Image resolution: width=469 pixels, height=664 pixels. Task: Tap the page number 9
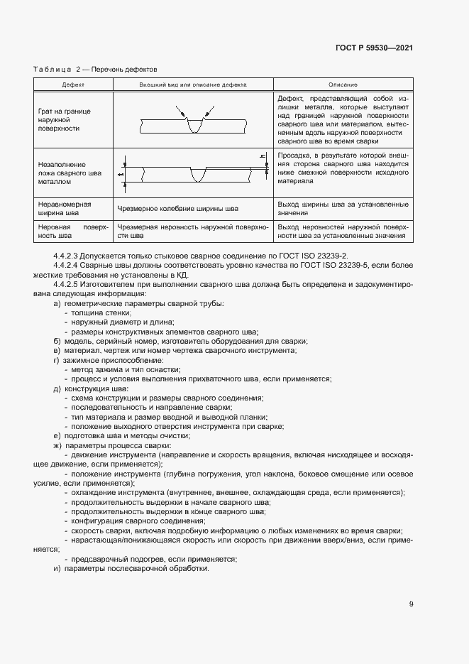[x=412, y=604]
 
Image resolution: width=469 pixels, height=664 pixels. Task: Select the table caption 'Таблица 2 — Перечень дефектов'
[x=95, y=70]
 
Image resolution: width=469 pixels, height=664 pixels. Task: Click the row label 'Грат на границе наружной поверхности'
[x=64, y=120]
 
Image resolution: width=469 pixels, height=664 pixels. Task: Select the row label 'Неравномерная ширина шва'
[x=64, y=208]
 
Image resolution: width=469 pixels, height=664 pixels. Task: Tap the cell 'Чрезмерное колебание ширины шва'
[x=177, y=209]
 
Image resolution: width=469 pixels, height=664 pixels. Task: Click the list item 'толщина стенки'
[x=96, y=313]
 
